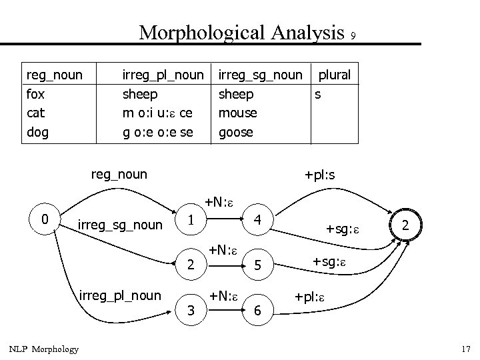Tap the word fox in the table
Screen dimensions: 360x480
(x=36, y=94)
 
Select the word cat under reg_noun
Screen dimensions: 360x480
(x=35, y=113)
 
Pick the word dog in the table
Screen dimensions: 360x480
(x=37, y=132)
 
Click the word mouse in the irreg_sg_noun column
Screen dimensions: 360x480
(x=238, y=113)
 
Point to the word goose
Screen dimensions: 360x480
(x=236, y=132)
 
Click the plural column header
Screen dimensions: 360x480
(x=334, y=75)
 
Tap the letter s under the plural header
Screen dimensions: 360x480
(x=318, y=94)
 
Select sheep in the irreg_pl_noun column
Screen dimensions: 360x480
(x=139, y=94)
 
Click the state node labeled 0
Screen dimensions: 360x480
(x=44, y=218)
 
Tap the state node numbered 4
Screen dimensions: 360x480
(x=257, y=219)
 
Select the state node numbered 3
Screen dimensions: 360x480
(x=191, y=310)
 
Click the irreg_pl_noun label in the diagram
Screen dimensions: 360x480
(x=120, y=294)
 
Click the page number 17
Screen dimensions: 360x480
(x=465, y=349)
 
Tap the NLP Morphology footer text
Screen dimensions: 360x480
(x=43, y=349)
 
